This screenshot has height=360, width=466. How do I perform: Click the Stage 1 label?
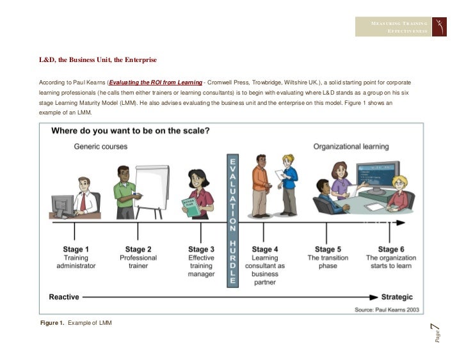tap(76, 249)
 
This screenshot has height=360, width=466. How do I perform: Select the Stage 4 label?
tap(265, 249)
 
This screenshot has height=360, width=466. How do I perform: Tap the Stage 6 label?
tap(391, 249)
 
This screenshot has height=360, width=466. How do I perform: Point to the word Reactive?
tap(64, 297)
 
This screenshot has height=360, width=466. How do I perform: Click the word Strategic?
tap(398, 297)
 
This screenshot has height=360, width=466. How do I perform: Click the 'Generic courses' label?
tap(100, 146)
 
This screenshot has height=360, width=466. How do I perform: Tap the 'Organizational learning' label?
tap(351, 146)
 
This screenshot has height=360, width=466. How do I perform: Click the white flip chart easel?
tap(152, 186)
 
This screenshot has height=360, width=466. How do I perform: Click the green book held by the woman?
tap(192, 207)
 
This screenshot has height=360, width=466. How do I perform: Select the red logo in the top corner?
tap(441, 26)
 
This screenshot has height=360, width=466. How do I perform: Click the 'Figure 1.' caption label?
tap(52, 323)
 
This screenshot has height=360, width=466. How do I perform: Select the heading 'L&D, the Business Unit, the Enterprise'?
tap(98, 60)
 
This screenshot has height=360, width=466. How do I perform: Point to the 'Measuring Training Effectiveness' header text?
tap(399, 27)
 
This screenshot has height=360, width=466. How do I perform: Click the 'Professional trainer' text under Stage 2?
tap(138, 262)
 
